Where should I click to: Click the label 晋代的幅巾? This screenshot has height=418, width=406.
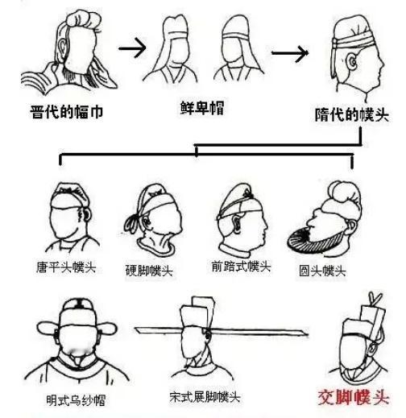[x=66, y=112]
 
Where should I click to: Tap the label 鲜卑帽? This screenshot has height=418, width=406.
[x=202, y=108]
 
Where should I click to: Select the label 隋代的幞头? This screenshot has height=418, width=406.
[x=352, y=115]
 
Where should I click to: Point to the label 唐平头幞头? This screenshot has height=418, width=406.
[x=66, y=267]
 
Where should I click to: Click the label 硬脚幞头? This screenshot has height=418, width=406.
[x=149, y=271]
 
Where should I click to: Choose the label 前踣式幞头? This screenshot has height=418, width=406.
[x=241, y=267]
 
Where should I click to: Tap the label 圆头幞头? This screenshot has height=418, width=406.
[x=322, y=271]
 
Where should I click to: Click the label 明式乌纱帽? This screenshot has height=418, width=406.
[x=76, y=400]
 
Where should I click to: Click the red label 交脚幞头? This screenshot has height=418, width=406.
[x=354, y=397]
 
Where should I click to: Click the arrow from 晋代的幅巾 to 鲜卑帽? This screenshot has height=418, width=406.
[x=132, y=48]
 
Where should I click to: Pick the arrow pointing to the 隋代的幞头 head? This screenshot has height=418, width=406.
[x=290, y=53]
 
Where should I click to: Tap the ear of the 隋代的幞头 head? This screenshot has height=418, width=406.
[x=352, y=62]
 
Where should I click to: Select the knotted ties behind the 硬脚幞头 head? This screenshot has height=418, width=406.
[x=132, y=223]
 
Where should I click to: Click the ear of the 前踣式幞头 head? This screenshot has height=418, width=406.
[x=237, y=224]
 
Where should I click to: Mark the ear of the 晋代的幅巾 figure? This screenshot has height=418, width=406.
[x=62, y=47]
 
